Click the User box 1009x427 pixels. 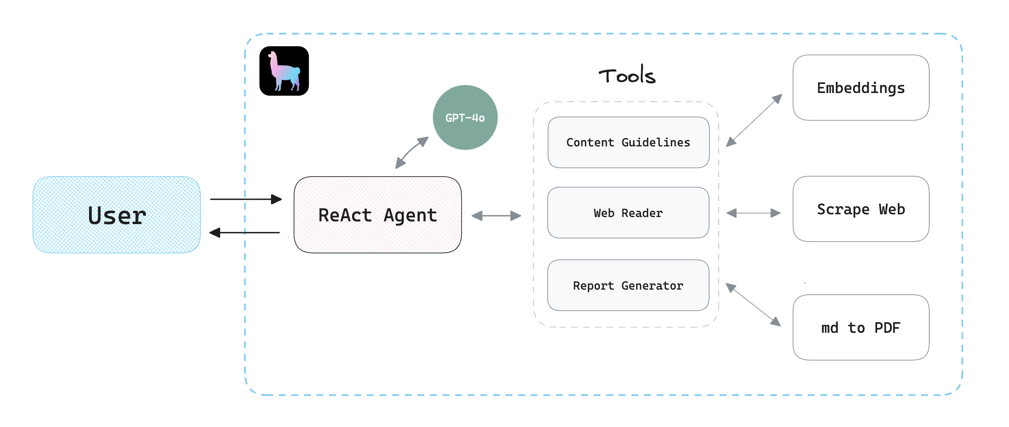click(x=117, y=215)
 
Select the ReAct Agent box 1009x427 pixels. click(x=377, y=215)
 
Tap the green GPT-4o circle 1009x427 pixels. click(x=465, y=117)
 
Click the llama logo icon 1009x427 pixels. click(x=284, y=71)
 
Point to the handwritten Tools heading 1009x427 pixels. click(x=627, y=75)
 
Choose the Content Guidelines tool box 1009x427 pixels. click(x=628, y=142)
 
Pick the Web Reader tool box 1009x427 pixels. click(x=628, y=213)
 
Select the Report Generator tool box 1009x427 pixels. click(x=628, y=285)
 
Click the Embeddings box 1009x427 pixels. click(x=861, y=88)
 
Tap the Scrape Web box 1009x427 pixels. click(x=861, y=209)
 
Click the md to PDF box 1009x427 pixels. click(x=861, y=327)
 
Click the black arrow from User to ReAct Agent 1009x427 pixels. click(x=246, y=199)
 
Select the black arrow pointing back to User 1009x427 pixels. click(x=245, y=233)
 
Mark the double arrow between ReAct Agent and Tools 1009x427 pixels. click(x=496, y=215)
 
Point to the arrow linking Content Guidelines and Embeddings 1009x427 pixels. click(x=754, y=120)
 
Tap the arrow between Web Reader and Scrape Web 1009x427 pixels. click(x=753, y=213)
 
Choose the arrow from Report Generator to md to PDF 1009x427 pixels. click(x=753, y=305)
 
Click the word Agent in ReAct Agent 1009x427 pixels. click(x=410, y=215)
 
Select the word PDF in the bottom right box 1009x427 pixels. click(x=887, y=328)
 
